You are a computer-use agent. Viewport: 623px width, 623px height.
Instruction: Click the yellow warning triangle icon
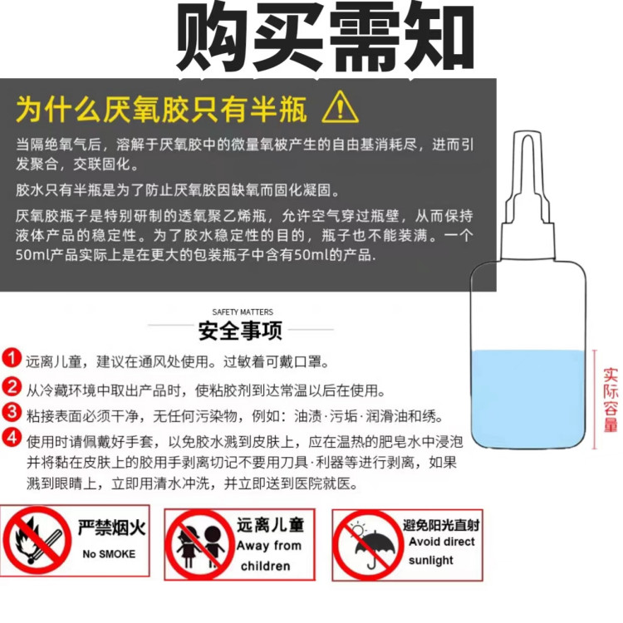click(x=340, y=107)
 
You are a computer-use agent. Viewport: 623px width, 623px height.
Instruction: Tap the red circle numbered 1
click(x=12, y=357)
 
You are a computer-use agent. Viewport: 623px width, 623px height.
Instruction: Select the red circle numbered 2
click(x=12, y=386)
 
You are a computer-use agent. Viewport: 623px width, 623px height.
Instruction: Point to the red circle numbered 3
click(x=12, y=412)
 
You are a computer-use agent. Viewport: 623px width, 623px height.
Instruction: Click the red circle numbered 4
click(x=12, y=438)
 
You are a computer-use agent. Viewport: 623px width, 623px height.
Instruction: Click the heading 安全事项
click(x=240, y=330)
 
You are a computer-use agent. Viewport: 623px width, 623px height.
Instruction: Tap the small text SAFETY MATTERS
click(x=243, y=311)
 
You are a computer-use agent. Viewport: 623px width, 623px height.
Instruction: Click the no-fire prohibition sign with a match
click(x=37, y=540)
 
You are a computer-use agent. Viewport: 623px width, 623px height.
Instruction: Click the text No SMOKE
click(x=109, y=554)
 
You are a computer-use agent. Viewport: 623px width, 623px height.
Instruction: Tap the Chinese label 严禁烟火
click(x=111, y=527)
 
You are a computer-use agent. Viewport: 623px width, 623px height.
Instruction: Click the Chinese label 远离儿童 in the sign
click(x=271, y=524)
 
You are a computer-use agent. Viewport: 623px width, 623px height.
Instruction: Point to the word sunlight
click(x=430, y=560)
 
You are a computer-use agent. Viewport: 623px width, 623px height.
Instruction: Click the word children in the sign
click(x=266, y=566)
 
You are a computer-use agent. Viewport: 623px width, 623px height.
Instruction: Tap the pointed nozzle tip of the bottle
click(x=527, y=133)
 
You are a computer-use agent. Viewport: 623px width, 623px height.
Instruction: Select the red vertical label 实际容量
click(x=611, y=400)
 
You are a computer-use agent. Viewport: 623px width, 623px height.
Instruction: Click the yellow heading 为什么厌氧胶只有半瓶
click(x=161, y=109)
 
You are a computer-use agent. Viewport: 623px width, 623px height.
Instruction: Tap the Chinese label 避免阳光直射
click(x=441, y=525)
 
